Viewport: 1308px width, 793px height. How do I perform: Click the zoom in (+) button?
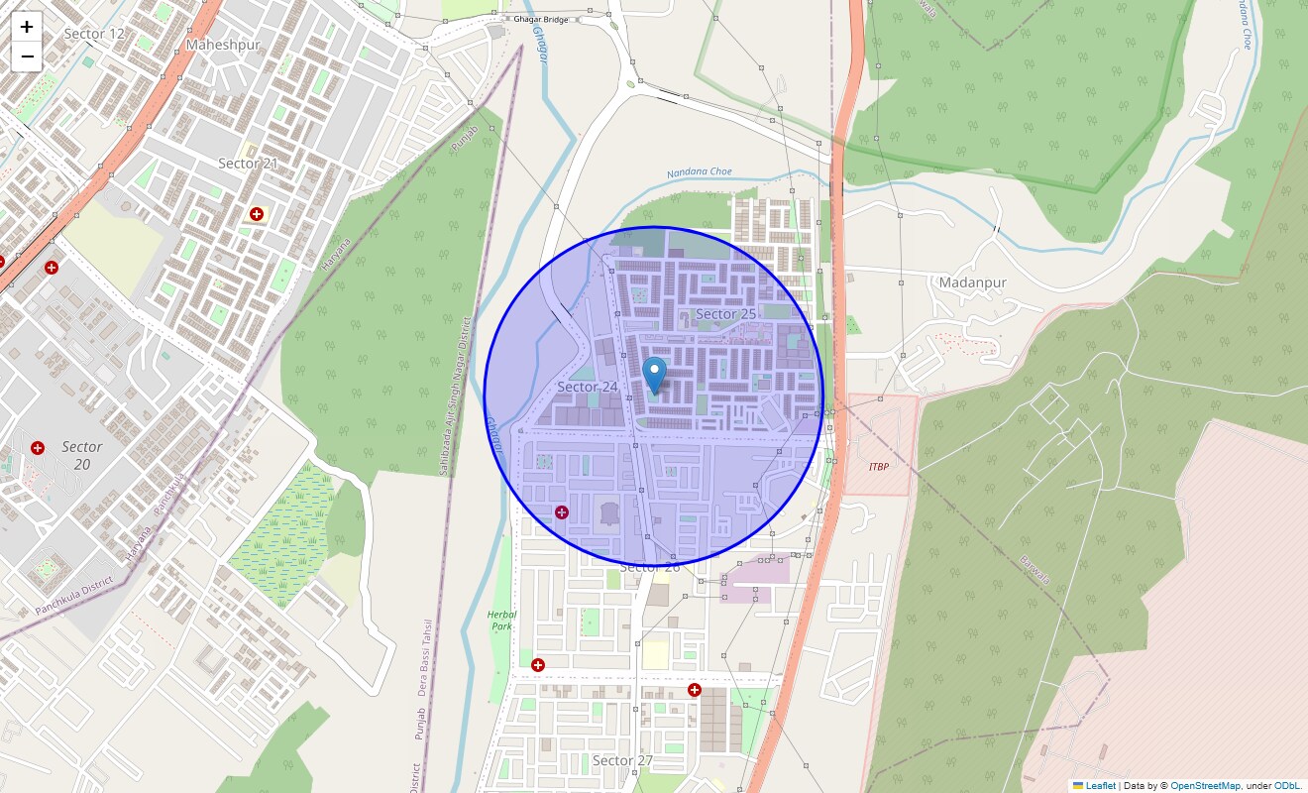pos(27,27)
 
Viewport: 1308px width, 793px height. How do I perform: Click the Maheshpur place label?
pos(223,45)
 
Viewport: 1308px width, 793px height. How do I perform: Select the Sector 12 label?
pos(94,34)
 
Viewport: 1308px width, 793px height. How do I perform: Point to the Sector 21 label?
pos(247,164)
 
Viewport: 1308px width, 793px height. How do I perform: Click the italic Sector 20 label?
pos(81,455)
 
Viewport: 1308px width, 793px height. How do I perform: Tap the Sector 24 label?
pos(588,387)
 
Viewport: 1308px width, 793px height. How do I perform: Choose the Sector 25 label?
pos(725,314)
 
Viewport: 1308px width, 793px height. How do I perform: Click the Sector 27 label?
pos(622,760)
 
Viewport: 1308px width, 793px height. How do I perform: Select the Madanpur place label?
pos(972,283)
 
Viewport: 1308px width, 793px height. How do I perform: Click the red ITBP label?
pos(878,466)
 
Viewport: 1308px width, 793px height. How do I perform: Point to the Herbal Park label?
pos(501,621)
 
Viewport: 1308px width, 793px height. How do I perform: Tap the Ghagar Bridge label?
pos(539,19)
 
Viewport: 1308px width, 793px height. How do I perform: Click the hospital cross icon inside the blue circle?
pos(562,512)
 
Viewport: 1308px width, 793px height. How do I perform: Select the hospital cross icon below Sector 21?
pos(257,214)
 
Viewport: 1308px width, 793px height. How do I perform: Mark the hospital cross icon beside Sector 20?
pos(38,448)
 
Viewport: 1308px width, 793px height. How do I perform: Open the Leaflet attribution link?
pos(1099,785)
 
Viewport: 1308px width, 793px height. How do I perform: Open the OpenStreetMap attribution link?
pos(1204,785)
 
